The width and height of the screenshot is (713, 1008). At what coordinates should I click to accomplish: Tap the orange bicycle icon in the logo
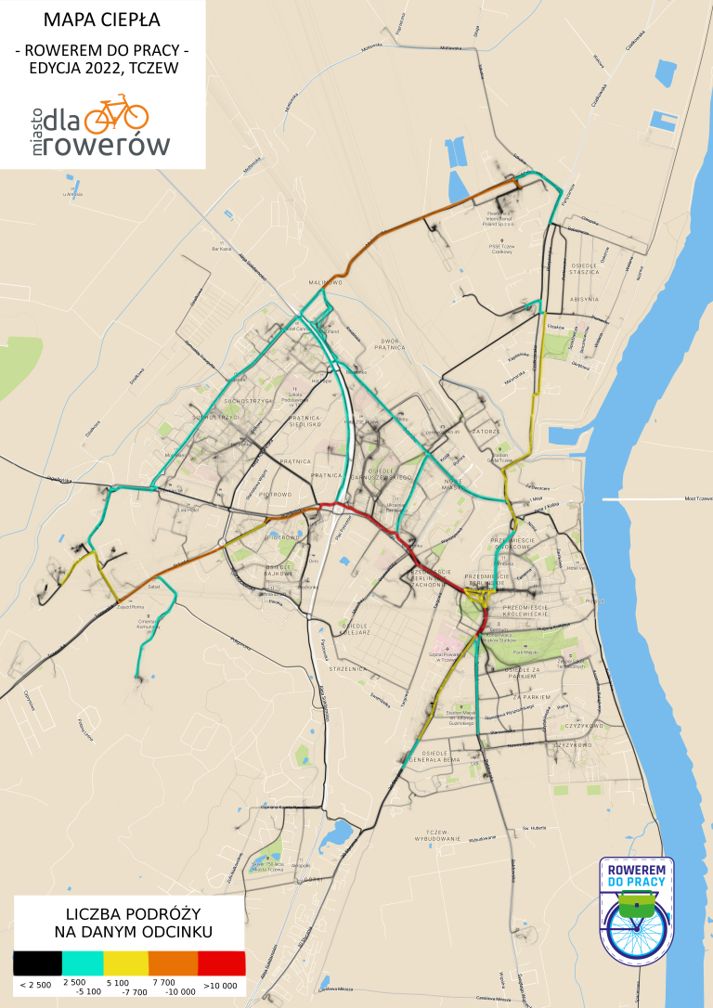click(x=116, y=113)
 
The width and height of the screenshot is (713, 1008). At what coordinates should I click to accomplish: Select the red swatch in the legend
click(x=222, y=963)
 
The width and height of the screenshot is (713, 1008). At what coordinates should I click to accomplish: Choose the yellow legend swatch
click(x=126, y=963)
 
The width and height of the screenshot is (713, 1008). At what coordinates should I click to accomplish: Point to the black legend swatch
click(x=37, y=963)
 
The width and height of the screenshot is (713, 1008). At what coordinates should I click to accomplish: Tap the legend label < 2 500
click(x=35, y=984)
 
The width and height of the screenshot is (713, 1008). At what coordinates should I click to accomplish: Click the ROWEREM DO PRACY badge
click(x=637, y=910)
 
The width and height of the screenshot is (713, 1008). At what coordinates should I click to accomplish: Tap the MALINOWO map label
click(x=326, y=281)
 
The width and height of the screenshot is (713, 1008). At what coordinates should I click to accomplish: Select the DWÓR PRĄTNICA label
click(x=389, y=344)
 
